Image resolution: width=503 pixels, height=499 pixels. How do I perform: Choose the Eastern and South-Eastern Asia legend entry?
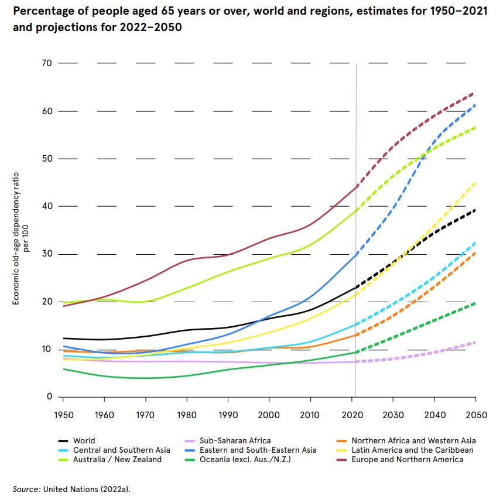coord(258,450)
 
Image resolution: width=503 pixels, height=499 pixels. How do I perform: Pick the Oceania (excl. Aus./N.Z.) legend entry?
coord(246,459)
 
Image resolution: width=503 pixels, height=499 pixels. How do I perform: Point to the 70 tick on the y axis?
coord(47,63)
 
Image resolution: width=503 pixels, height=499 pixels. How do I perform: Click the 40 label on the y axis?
coord(47,206)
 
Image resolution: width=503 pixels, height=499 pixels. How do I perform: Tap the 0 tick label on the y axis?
coord(49,397)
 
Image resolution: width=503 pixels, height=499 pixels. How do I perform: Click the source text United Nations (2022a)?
coord(84,488)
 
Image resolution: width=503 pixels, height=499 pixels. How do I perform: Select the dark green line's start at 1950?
coord(63,369)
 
